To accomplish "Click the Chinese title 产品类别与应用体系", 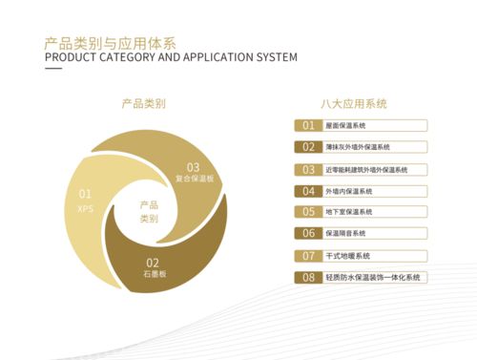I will [110, 43].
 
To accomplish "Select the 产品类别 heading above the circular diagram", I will [144, 103].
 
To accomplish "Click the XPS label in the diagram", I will [85, 206].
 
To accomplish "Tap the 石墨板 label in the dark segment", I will [155, 273].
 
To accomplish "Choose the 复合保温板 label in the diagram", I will [195, 178].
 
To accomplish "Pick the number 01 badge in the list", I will [308, 126].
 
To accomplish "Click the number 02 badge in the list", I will [308, 147].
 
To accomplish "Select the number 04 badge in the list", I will [308, 191].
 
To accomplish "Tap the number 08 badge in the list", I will [308, 278].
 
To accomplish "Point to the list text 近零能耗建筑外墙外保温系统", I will [366, 169].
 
